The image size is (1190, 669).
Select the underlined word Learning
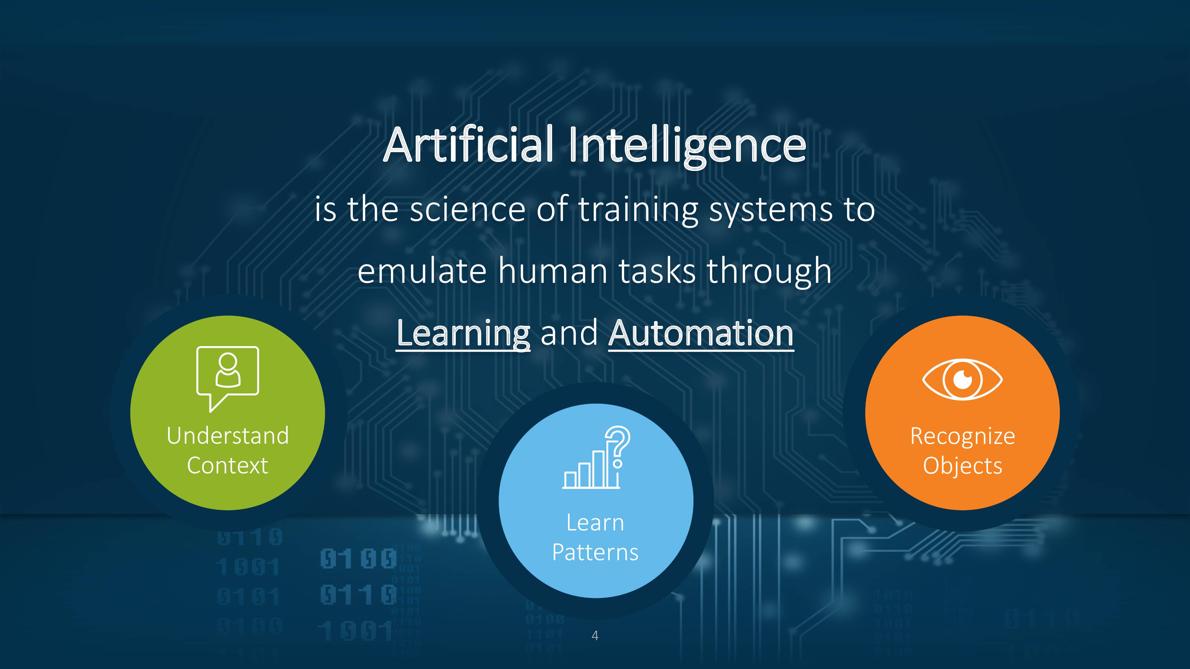(463, 334)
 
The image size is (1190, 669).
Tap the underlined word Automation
(701, 333)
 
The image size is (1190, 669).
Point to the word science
(467, 210)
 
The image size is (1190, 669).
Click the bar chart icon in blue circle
(591, 469)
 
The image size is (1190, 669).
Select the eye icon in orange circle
(962, 379)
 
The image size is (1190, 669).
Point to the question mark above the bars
(618, 447)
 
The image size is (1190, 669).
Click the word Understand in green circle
(228, 436)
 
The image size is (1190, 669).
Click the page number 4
(595, 636)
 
